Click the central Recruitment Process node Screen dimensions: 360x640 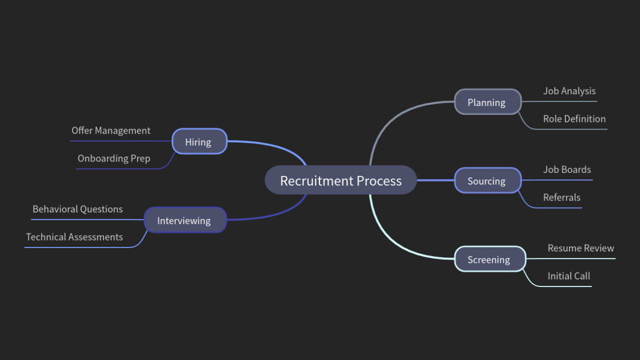tap(340, 180)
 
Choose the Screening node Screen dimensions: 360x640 tap(489, 259)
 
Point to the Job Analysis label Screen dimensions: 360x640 tap(569, 91)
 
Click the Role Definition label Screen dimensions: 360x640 tap(574, 119)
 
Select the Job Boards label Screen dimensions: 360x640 tap(566, 169)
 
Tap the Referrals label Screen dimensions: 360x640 tap(561, 197)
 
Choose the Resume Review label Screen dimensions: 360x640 tap(580, 248)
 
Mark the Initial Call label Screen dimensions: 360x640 tap(568, 276)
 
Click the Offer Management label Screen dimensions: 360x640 tap(110, 130)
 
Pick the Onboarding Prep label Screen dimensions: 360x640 tap(113, 158)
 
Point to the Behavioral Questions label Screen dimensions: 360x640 tap(77, 209)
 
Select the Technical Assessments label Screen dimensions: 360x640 tap(74, 237)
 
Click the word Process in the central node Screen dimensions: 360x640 tap(378, 180)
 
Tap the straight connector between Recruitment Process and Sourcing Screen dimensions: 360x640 tap(435, 180)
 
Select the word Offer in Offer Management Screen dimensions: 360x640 tap(81, 130)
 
